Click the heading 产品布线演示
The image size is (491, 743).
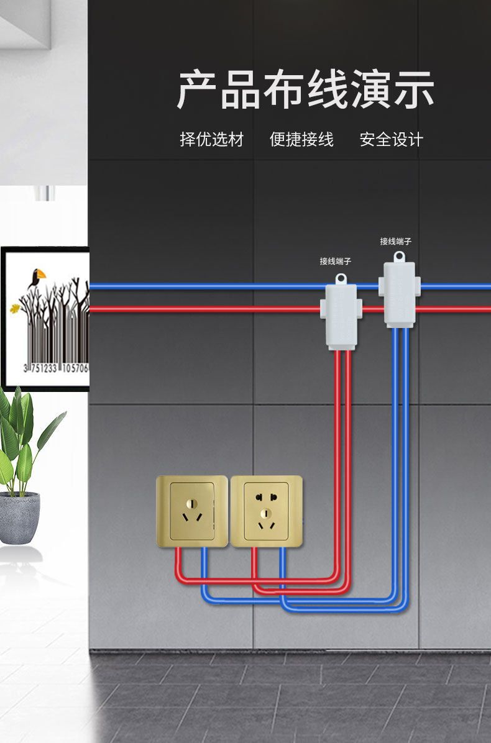point(305,91)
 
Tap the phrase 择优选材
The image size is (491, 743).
point(211,139)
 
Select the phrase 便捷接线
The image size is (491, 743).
point(301,139)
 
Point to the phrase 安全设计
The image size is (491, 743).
point(391,139)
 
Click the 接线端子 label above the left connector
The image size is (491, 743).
point(336,262)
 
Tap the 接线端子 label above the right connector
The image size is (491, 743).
point(395,241)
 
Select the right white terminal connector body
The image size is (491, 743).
point(399,294)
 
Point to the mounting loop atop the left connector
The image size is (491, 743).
point(341,278)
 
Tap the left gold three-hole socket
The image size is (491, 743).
point(192,511)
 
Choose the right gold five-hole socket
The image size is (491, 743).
point(266,511)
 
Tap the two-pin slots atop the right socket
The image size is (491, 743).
point(265,496)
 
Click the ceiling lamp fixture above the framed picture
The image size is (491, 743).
point(45,193)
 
